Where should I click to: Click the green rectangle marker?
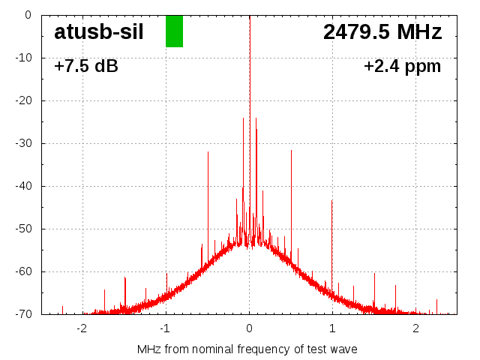pos(174,31)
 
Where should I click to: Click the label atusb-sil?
pos(98,32)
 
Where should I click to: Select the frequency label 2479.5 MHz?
pos(382,32)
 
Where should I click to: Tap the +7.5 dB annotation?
pos(86,66)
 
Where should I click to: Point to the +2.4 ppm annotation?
pos(402,66)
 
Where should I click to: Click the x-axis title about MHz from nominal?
pos(247,349)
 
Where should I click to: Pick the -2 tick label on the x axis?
pos(82,328)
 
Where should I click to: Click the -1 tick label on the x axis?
pos(165,328)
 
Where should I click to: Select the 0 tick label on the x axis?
pos(249,328)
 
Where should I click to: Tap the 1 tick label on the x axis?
pos(332,328)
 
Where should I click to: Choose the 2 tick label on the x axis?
pos(415,328)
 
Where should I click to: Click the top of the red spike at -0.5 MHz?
pos(208,152)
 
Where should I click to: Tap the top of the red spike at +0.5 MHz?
pos(291,151)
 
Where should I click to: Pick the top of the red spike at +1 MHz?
pos(331,201)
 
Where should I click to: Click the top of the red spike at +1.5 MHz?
pos(375,274)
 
